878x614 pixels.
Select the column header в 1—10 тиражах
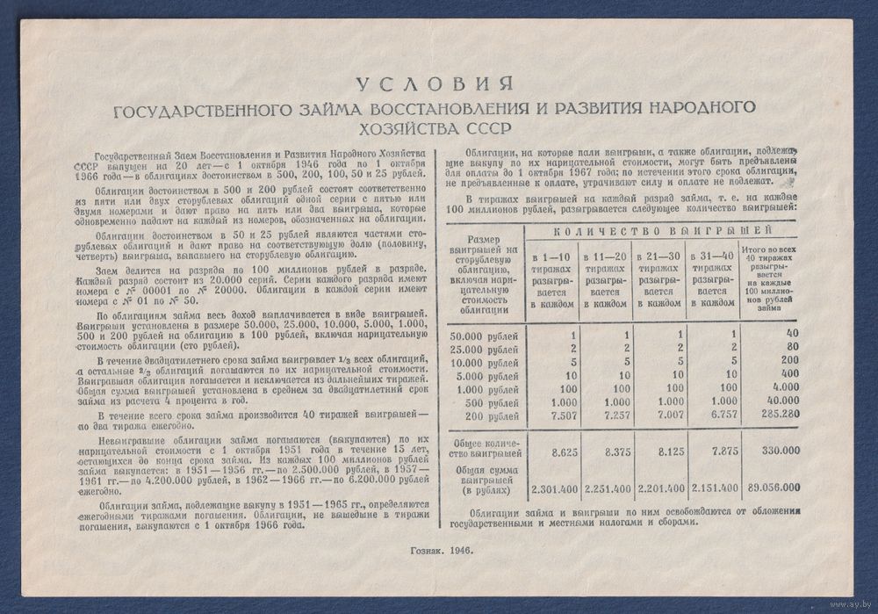pyautogui.click(x=551, y=277)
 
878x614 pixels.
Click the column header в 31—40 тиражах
pyautogui.click(x=712, y=277)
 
